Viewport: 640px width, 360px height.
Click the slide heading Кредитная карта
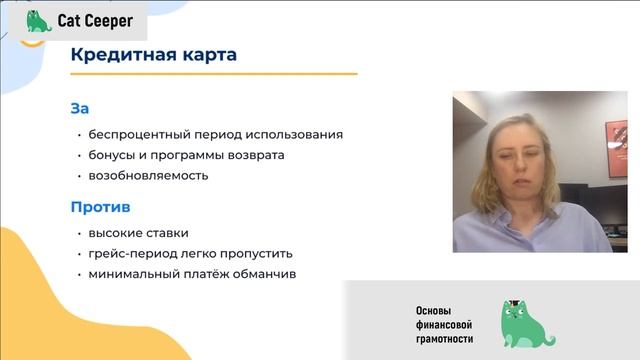[154, 54]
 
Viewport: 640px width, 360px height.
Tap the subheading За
[80, 108]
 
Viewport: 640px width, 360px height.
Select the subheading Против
[101, 207]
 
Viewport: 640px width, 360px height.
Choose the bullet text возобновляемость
[148, 175]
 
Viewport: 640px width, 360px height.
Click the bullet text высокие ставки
[138, 233]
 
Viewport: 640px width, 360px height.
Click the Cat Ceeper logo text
[95, 20]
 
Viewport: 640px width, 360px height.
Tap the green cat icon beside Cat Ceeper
[38, 20]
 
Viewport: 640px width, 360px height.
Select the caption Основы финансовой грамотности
[444, 325]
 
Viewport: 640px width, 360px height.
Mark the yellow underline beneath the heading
[214, 74]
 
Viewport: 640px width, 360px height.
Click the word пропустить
[259, 253]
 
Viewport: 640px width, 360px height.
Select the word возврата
[254, 155]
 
